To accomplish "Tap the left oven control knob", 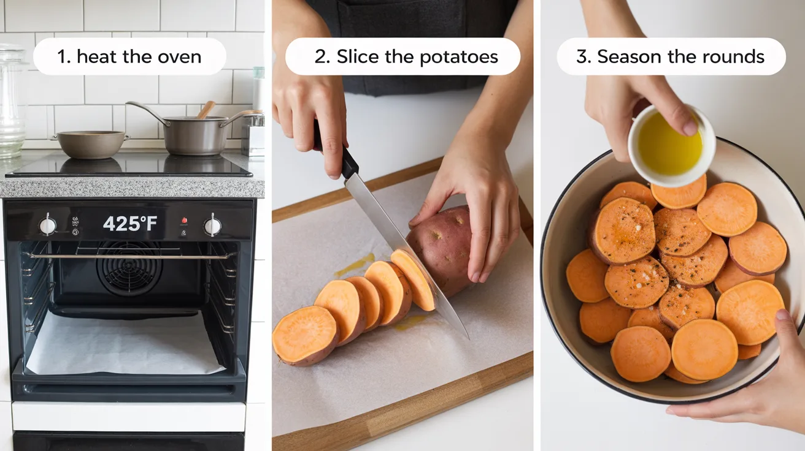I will (x=47, y=225).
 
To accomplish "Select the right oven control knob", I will (x=212, y=225).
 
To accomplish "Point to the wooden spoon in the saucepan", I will (x=206, y=110).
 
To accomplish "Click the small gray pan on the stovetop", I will (x=90, y=144).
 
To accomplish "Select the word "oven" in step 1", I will (x=178, y=57).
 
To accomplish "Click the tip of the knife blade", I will (x=468, y=337).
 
